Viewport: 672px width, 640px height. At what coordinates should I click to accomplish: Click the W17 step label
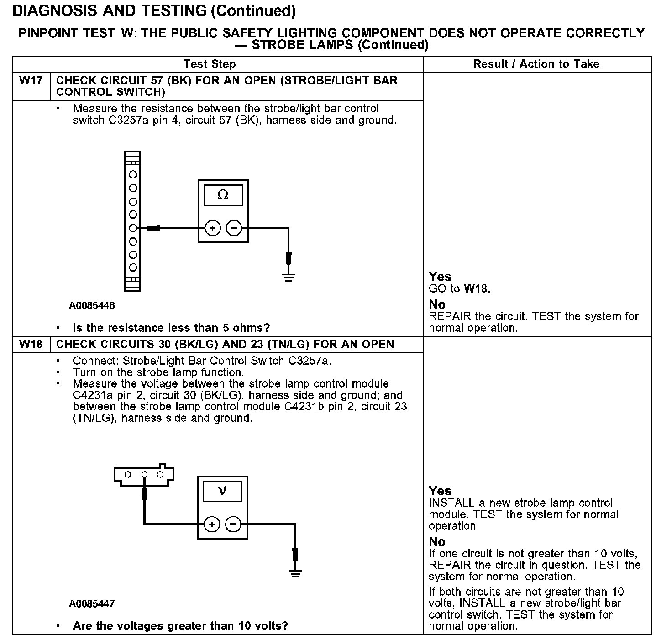tap(31, 81)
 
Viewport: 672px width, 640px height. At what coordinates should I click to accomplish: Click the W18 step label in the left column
tap(31, 344)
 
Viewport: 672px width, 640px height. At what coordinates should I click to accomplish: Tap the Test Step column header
tap(210, 64)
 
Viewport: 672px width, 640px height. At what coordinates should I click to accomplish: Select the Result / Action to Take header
tap(536, 64)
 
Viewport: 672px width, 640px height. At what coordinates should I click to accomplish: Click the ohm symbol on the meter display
tap(223, 195)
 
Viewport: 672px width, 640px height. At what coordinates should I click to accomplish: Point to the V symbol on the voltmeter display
tap(222, 491)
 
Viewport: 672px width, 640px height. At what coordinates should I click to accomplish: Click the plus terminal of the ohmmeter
tap(212, 228)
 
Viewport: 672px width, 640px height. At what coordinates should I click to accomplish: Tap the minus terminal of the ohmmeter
tap(234, 228)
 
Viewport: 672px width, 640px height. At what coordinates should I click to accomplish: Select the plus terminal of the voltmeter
tap(211, 525)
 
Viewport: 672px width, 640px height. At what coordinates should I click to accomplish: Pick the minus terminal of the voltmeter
tap(233, 525)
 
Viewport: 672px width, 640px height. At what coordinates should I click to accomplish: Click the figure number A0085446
tap(92, 306)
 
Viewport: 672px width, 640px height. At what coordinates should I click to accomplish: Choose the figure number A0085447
tap(92, 604)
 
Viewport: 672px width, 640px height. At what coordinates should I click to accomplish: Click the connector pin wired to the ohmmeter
tap(133, 228)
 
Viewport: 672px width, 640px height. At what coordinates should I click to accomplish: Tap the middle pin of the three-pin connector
tap(144, 475)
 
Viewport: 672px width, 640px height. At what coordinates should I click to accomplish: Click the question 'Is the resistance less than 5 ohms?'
tap(171, 328)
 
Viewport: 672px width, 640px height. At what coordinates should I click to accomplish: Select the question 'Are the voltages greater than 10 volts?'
tap(180, 625)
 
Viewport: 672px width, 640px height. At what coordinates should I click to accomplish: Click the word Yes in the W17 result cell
tap(440, 277)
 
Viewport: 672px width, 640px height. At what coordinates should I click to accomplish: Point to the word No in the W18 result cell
tap(437, 542)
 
